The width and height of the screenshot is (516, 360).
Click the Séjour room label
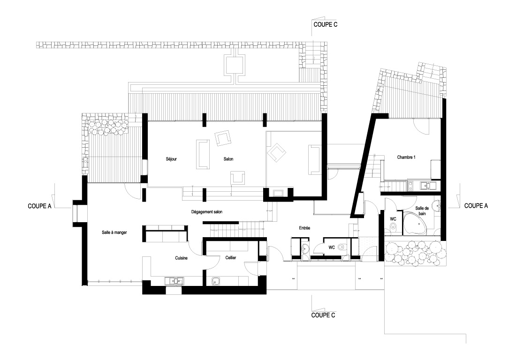pyautogui.click(x=171, y=159)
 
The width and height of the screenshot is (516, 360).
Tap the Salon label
pyautogui.click(x=228, y=159)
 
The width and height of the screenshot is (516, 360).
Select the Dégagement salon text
pyautogui.click(x=207, y=212)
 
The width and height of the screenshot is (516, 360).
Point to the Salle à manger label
pyautogui.click(x=114, y=232)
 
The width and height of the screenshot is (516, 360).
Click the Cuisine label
pyautogui.click(x=182, y=258)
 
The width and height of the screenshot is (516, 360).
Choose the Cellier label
pyautogui.click(x=231, y=258)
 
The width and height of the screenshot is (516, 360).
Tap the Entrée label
pyautogui.click(x=304, y=228)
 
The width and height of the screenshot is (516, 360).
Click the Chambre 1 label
pyautogui.click(x=406, y=157)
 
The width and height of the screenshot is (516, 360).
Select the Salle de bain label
pyautogui.click(x=422, y=211)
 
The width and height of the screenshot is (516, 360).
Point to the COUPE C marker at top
pyautogui.click(x=326, y=24)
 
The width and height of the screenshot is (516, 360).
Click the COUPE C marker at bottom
pyautogui.click(x=323, y=315)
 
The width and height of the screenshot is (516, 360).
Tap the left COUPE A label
pyautogui.click(x=39, y=206)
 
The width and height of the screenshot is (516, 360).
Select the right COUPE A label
pyautogui.click(x=476, y=205)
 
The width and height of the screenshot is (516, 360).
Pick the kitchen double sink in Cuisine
pyautogui.click(x=175, y=281)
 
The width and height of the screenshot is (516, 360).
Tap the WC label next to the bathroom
pyautogui.click(x=393, y=219)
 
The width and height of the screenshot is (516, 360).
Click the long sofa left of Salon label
pyautogui.click(x=203, y=154)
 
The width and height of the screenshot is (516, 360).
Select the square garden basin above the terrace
pyautogui.click(x=235, y=64)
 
